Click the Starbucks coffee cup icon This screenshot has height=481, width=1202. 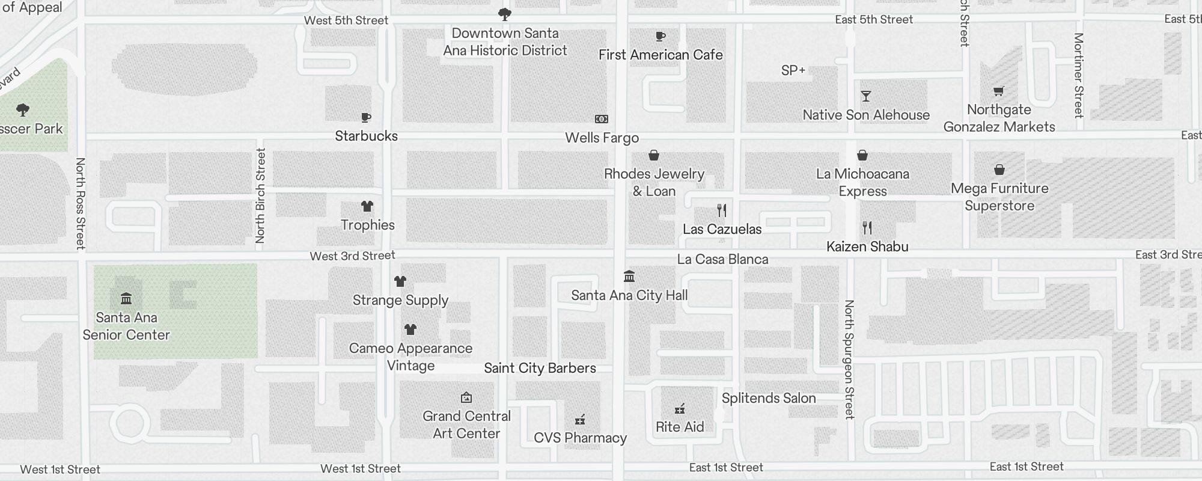click(366, 118)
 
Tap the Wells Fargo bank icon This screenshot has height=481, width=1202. click(602, 119)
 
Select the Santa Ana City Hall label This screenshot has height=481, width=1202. click(629, 295)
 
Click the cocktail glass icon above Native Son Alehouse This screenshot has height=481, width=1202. click(865, 96)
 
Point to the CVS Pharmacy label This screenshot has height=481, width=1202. click(580, 438)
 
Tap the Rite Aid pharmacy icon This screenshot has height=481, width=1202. click(680, 409)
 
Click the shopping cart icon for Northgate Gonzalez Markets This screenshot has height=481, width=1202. click(999, 91)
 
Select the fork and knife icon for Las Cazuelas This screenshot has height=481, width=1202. click(722, 210)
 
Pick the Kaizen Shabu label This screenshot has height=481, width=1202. click(867, 247)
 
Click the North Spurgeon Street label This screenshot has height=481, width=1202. click(849, 359)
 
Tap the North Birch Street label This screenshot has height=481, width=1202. click(260, 195)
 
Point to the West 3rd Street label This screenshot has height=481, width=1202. click(352, 256)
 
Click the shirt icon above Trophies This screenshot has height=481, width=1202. click(367, 206)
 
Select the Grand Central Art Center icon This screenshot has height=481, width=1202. click(466, 397)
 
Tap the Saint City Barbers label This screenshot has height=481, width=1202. click(540, 368)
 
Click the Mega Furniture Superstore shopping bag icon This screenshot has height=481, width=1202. click(999, 170)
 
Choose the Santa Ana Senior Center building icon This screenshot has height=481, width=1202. click(126, 299)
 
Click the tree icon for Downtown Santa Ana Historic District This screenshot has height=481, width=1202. click(505, 14)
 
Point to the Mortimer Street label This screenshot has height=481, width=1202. click(1079, 75)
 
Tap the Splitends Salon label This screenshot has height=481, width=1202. click(769, 398)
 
